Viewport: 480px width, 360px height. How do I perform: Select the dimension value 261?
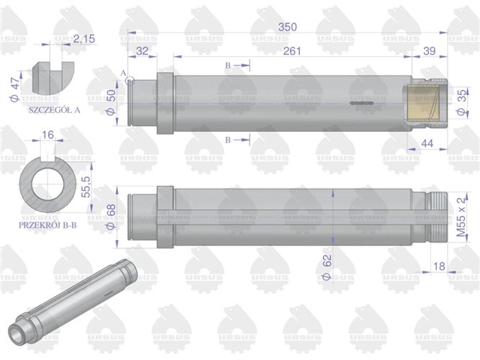pyautogui.click(x=292, y=50)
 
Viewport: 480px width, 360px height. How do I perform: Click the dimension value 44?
pyautogui.click(x=427, y=145)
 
